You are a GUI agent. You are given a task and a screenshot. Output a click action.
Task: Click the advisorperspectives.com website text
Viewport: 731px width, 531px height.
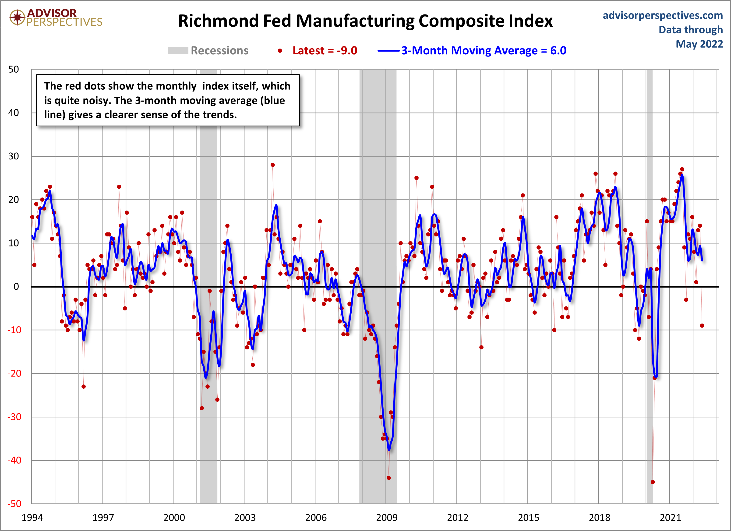click(x=662, y=15)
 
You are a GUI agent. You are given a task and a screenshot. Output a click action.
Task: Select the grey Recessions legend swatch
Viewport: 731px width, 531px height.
click(x=178, y=51)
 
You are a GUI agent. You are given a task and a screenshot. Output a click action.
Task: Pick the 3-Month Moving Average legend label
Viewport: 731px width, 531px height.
click(x=484, y=51)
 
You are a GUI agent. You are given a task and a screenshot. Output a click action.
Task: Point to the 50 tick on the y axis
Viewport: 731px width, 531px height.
click(x=14, y=69)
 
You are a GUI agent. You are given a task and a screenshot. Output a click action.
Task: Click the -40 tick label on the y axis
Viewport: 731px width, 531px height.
click(x=14, y=460)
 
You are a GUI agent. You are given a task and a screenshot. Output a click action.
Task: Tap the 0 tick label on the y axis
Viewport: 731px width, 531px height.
click(x=16, y=286)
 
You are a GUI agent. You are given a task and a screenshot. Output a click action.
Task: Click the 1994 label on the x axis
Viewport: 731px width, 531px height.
click(x=32, y=518)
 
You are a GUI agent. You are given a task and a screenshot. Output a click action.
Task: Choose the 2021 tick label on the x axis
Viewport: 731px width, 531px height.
click(x=670, y=518)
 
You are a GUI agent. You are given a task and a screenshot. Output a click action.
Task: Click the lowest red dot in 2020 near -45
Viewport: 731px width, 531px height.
click(x=653, y=482)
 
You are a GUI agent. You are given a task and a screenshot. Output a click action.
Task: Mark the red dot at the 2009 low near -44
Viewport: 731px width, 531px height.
click(x=389, y=478)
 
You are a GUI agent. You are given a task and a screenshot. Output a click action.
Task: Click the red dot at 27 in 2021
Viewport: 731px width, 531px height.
click(x=682, y=169)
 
